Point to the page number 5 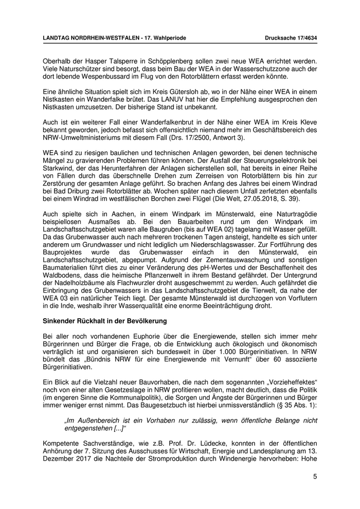pos(315,477)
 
